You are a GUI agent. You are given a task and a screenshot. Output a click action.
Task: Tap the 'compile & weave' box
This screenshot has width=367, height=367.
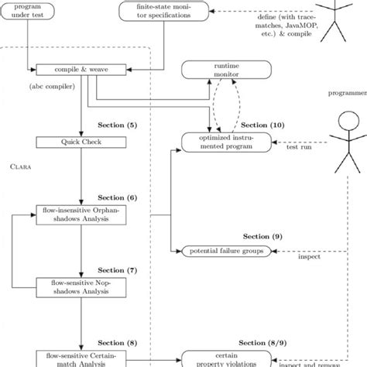tap(81, 70)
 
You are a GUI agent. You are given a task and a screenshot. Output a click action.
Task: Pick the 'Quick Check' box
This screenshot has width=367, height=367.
tap(81, 142)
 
